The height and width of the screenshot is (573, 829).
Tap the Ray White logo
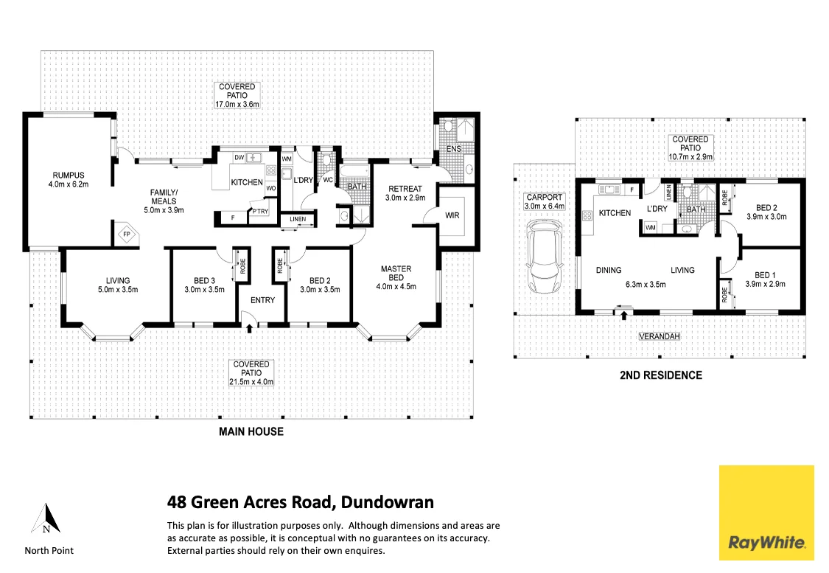tap(766, 512)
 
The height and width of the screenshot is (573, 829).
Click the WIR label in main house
tap(452, 215)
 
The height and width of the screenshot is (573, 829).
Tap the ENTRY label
tap(262, 300)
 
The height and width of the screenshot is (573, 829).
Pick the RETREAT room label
tap(405, 189)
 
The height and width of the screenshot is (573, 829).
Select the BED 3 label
tap(204, 280)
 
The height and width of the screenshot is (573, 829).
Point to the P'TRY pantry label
tap(259, 212)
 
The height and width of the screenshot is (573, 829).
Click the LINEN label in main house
tap(298, 219)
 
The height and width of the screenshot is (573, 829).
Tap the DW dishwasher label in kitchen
tap(239, 157)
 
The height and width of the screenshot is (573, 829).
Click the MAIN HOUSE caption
tap(251, 431)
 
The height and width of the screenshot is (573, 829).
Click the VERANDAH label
tap(658, 336)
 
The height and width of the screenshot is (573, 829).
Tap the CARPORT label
tap(545, 198)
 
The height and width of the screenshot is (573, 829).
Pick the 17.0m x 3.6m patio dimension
tap(237, 105)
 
